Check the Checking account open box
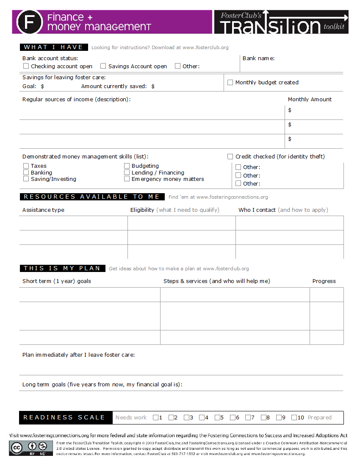coord(26,66)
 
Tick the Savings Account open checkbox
coord(103,66)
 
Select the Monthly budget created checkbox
coord(230,83)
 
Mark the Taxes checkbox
coord(26,166)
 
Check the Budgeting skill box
coord(127,166)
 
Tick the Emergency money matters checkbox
coord(127,179)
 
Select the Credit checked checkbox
coord(230,157)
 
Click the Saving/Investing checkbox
coord(26,179)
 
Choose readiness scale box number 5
coord(217,418)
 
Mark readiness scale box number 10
coord(294,418)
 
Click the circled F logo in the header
coord(29,22)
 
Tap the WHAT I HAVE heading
coord(53,47)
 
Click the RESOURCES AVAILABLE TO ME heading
coord(91,197)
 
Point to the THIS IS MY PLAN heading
coord(62,268)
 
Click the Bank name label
coord(258,58)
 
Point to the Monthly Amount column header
coord(310,100)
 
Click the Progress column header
coord(324,281)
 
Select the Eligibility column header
coord(142,210)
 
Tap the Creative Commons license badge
coord(31,448)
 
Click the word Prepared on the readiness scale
coord(319,418)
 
